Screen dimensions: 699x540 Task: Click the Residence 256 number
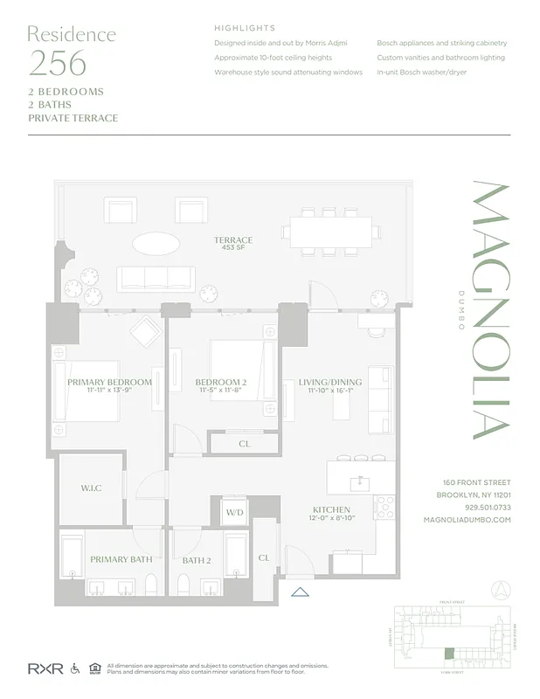58,64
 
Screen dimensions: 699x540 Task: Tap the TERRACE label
233,240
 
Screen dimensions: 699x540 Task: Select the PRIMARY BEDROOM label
110,382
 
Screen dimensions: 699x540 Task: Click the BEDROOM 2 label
220,382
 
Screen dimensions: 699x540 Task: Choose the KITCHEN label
331,509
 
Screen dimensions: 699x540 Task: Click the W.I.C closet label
91,488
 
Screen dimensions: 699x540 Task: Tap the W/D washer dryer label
234,512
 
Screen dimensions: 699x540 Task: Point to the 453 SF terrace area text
233,249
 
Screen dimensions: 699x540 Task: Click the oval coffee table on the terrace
157,242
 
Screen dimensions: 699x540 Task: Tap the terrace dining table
330,232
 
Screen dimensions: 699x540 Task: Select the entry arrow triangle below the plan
300,592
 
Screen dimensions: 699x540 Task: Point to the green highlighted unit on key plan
450,653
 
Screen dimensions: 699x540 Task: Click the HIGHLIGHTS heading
245,28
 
